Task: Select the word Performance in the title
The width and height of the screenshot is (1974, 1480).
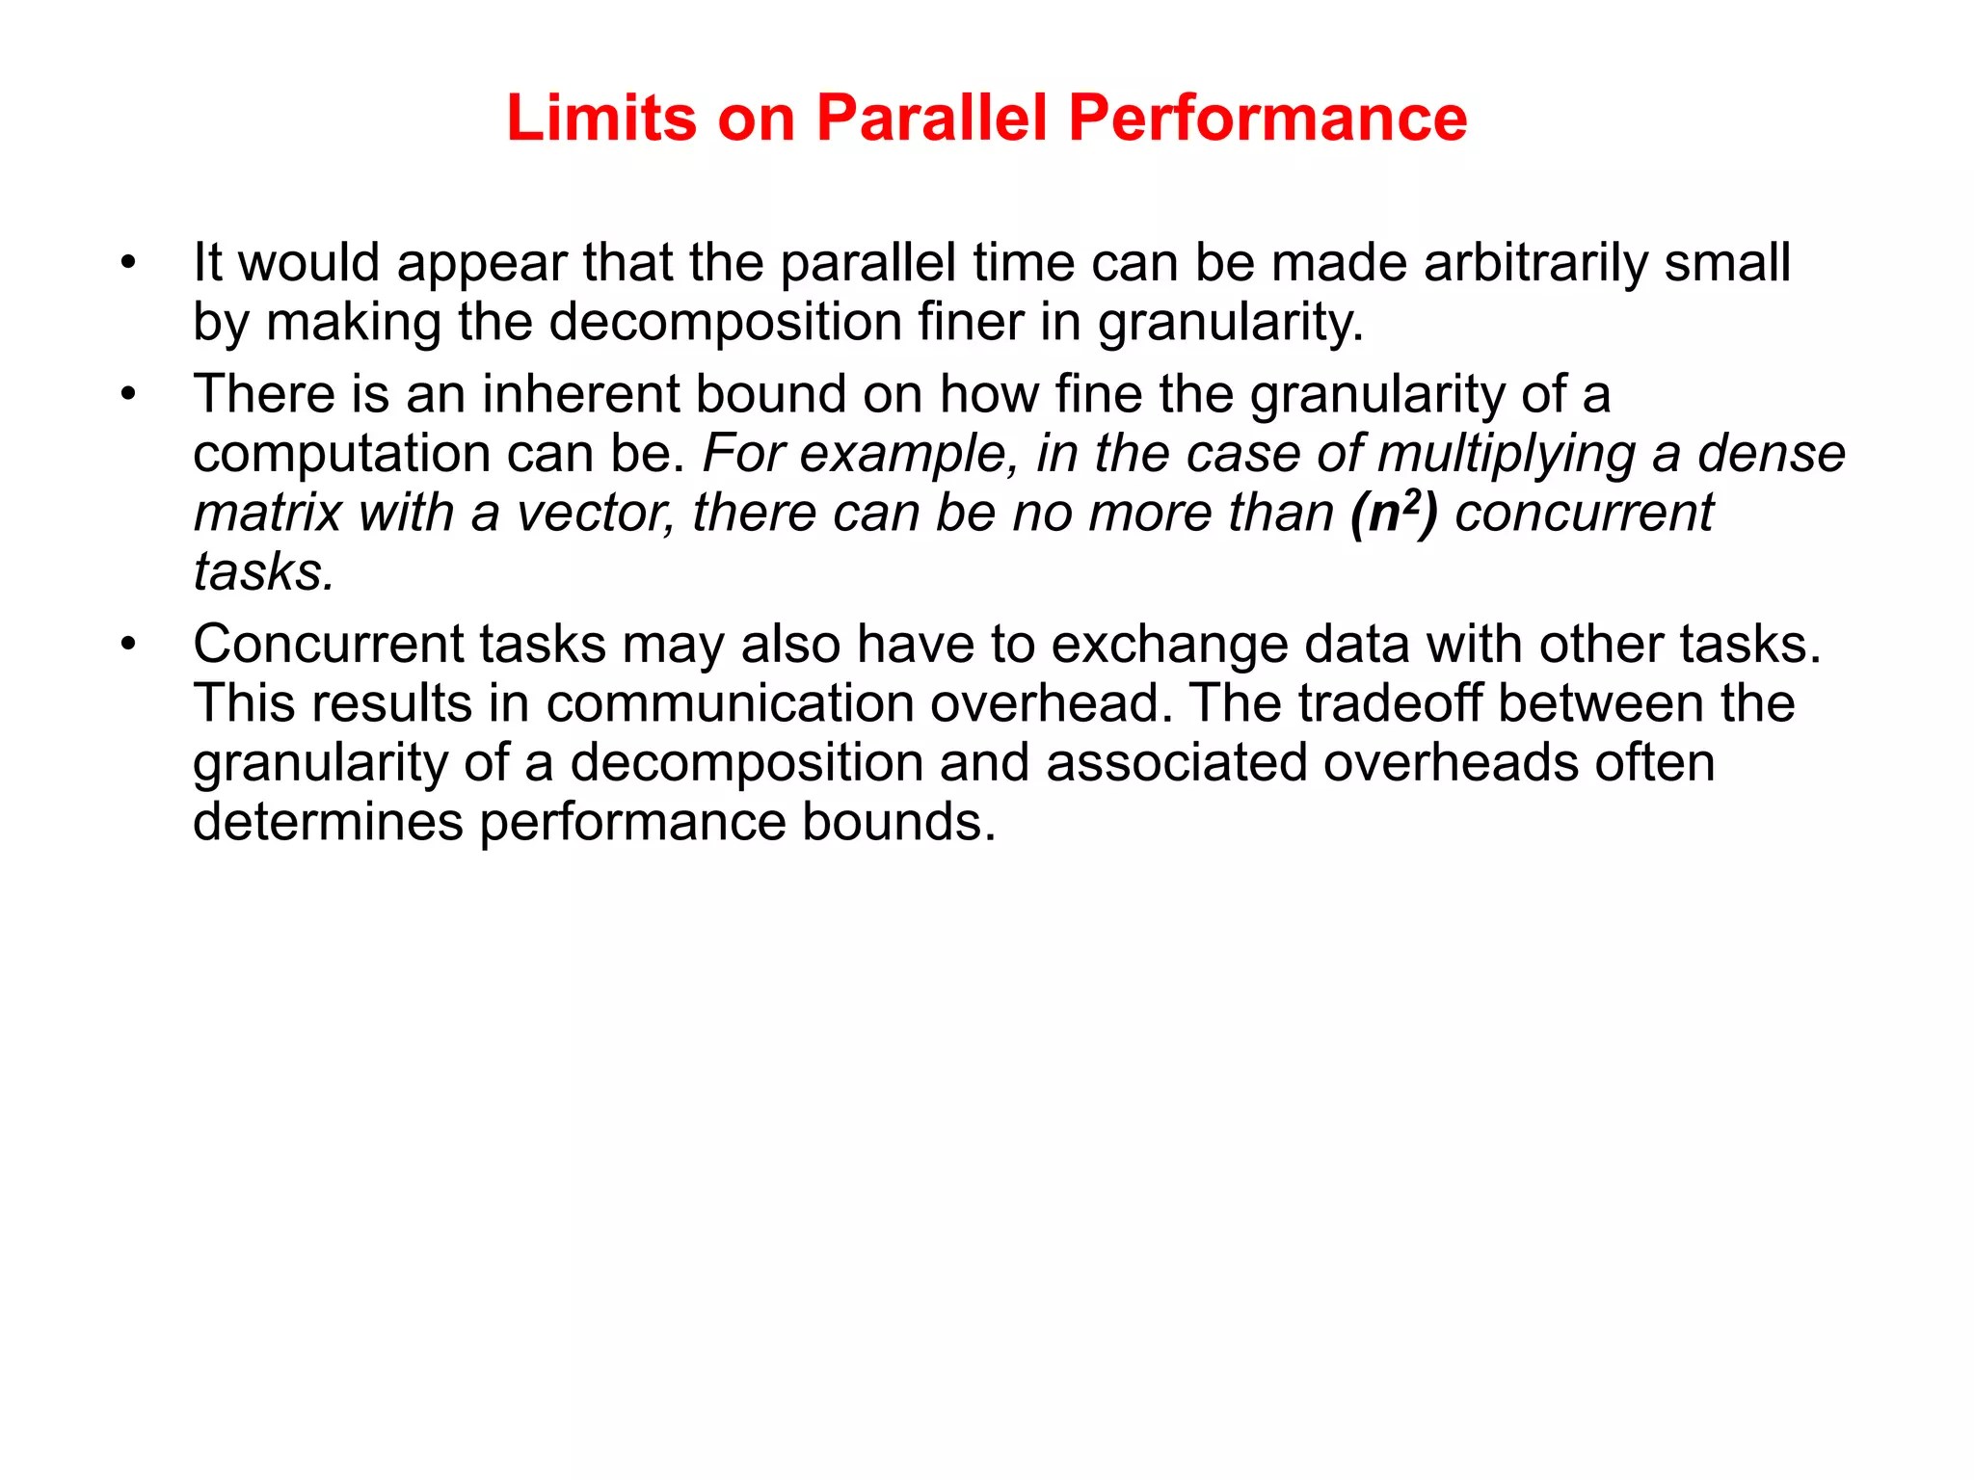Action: click(x=1267, y=119)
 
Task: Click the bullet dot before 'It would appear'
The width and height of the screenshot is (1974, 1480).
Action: click(x=128, y=263)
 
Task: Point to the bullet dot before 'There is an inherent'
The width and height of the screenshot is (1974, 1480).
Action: click(x=128, y=395)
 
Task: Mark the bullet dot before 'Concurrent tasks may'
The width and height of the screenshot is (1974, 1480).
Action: click(x=128, y=645)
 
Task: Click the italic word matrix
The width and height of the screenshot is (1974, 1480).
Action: click(x=268, y=513)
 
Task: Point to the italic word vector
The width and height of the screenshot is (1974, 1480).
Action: click(x=596, y=513)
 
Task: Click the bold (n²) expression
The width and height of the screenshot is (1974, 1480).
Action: click(x=1394, y=513)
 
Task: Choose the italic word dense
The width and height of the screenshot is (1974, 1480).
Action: click(x=1771, y=454)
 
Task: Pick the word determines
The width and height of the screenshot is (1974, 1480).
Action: click(x=328, y=822)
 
